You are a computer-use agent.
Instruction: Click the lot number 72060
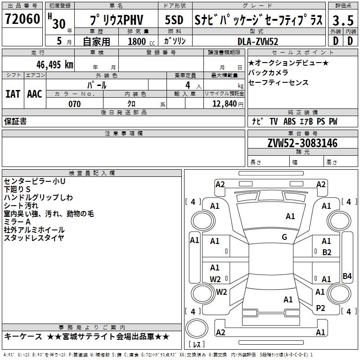tap(22, 19)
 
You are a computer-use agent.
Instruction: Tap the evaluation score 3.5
tap(342, 20)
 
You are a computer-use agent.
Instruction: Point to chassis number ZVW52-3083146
tap(302, 144)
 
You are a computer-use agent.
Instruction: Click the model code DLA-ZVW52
tap(258, 41)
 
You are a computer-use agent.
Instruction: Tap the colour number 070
tap(74, 104)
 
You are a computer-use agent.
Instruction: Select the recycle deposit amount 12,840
tap(224, 104)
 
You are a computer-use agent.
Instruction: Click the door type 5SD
tap(174, 21)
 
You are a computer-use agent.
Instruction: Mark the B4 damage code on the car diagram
tap(347, 276)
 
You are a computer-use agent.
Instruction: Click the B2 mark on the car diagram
tap(327, 252)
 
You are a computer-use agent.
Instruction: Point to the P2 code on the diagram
tap(320, 308)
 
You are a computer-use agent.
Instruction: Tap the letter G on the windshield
tap(284, 237)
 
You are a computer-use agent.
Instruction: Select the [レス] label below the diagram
tap(197, 345)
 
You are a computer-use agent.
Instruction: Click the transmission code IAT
tap(13, 94)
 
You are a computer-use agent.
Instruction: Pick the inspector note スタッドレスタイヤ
tap(34, 238)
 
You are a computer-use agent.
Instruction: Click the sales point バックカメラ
tap(268, 72)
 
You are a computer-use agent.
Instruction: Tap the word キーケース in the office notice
tap(23, 337)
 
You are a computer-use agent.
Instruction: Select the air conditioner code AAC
tap(35, 94)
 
